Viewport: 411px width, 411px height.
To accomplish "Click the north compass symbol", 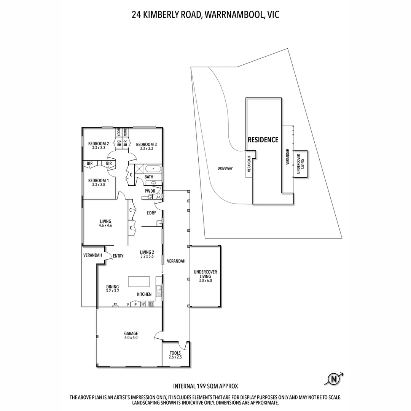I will [334, 379].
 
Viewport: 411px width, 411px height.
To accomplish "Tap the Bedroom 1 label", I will [99, 182].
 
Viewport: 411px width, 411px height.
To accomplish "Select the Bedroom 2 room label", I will [99, 146].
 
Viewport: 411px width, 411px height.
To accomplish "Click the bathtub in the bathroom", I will [153, 169].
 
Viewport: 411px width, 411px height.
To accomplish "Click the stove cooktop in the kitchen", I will [151, 304].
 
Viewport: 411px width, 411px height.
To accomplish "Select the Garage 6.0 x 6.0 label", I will [131, 335].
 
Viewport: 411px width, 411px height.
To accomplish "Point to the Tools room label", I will [175, 355].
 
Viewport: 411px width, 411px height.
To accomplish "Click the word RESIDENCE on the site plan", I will [263, 140].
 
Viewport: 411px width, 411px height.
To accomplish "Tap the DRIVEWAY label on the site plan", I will [225, 168].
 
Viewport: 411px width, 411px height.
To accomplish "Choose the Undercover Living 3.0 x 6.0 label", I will [205, 276].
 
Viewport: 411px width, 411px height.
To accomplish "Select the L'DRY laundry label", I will [151, 213].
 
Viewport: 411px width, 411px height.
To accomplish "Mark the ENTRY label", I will [118, 256].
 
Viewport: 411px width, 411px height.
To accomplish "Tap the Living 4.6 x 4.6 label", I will [105, 223].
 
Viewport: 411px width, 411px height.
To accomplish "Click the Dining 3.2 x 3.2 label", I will [112, 288].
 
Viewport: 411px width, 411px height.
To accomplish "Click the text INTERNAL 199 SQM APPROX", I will [205, 386].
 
